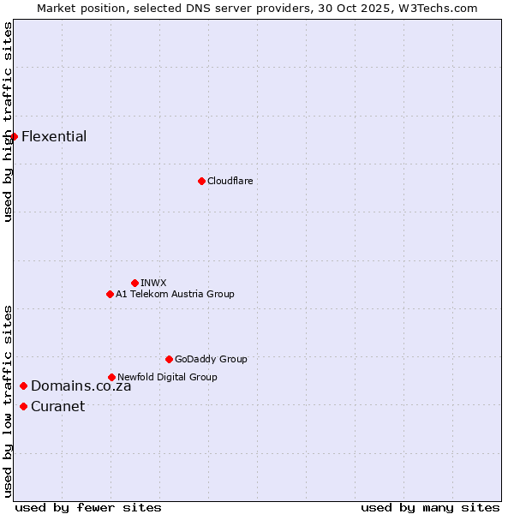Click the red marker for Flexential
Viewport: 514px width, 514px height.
(14, 136)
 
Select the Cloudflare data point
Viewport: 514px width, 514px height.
(201, 181)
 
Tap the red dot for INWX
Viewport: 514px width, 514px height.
(134, 283)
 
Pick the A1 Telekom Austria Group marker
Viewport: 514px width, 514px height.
(110, 294)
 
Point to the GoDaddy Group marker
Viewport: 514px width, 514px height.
(169, 359)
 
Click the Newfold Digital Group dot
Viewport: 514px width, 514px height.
(111, 377)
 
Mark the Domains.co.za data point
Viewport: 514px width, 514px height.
(23, 385)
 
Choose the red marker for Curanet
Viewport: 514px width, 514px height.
(23, 406)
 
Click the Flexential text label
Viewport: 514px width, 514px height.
(54, 136)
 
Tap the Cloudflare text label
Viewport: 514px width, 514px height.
(230, 181)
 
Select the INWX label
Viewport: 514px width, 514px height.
(153, 283)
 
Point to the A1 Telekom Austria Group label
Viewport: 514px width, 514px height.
(175, 294)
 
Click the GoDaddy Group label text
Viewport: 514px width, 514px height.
(211, 359)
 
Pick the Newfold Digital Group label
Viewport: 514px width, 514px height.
(167, 377)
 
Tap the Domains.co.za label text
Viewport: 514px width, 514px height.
(81, 385)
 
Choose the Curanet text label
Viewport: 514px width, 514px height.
(57, 406)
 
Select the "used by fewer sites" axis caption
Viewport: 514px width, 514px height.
(87, 507)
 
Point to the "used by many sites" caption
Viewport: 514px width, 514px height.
(430, 507)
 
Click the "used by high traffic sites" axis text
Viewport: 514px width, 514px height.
(8, 122)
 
